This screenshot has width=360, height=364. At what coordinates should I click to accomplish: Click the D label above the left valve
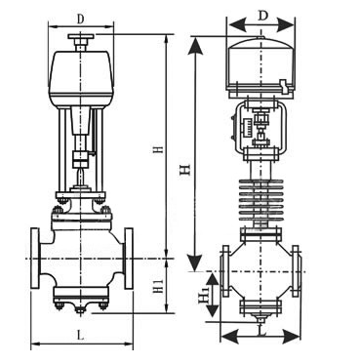pos(80,19)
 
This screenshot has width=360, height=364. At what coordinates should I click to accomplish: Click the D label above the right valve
pos(263,16)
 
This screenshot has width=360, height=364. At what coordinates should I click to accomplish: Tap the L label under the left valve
pos(81,335)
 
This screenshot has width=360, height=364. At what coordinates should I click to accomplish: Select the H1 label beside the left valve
pos(158,285)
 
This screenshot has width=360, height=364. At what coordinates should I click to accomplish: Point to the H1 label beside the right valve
pos(204,295)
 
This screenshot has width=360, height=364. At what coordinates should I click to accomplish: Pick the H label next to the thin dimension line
pos(158,149)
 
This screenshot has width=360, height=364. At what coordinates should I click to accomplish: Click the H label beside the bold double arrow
pos(185,170)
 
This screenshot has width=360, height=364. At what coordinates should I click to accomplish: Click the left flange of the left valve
pos(35,259)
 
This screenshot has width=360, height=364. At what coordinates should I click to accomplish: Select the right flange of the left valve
pos(129,259)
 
